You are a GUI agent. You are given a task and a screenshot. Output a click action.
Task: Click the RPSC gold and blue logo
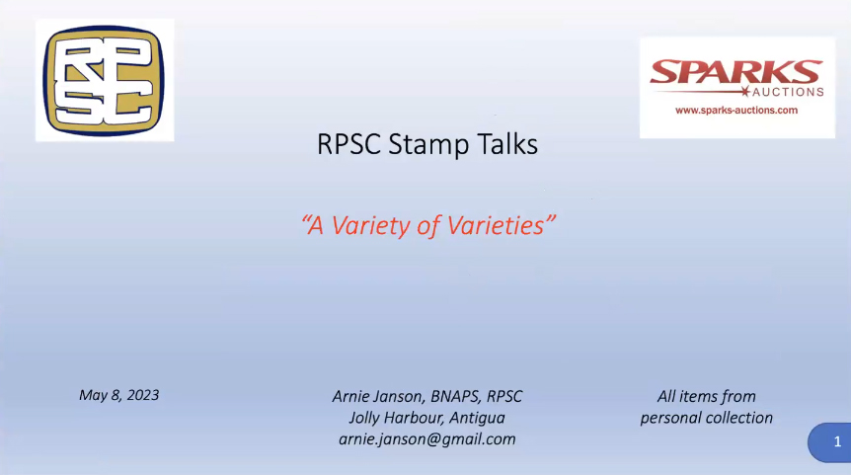pyautogui.click(x=105, y=80)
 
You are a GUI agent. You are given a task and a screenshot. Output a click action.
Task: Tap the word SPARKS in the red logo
pyautogui.click(x=736, y=72)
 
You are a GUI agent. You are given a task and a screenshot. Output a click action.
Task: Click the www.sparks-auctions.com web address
pyautogui.click(x=736, y=111)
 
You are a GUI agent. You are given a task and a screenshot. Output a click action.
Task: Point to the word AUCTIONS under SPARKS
pyautogui.click(x=788, y=92)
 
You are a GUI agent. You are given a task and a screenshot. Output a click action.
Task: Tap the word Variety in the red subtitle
pyautogui.click(x=371, y=226)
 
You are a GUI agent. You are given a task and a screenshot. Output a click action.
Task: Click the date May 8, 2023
pyautogui.click(x=118, y=395)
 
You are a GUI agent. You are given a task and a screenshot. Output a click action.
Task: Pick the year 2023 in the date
pyautogui.click(x=143, y=395)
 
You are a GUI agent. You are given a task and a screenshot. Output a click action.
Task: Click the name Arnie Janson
pyautogui.click(x=378, y=397)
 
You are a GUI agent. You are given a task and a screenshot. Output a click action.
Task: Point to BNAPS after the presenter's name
pyautogui.click(x=456, y=397)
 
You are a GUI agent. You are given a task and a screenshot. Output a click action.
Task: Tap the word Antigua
pyautogui.click(x=477, y=418)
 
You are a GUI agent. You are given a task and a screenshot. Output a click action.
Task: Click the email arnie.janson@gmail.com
pyautogui.click(x=427, y=439)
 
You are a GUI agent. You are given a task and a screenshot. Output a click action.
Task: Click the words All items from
pyautogui.click(x=706, y=396)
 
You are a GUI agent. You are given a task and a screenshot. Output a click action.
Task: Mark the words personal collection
pyautogui.click(x=706, y=418)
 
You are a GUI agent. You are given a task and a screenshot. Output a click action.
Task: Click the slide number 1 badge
pyautogui.click(x=830, y=442)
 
